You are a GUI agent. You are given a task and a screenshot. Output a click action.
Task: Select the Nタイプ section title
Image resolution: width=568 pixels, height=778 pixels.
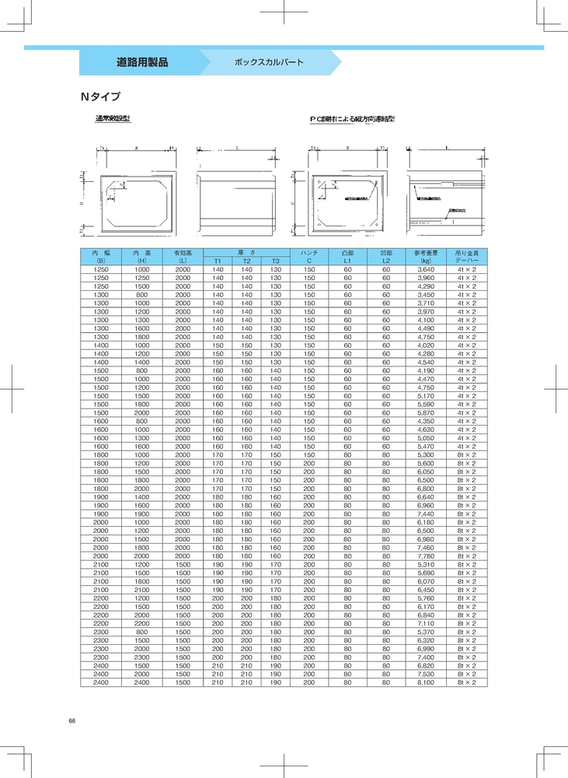(x=100, y=98)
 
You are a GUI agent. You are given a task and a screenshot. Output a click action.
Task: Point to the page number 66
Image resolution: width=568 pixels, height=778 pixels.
(x=71, y=721)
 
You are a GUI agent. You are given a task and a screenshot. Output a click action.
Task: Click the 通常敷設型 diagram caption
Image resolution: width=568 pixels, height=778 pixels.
(x=113, y=119)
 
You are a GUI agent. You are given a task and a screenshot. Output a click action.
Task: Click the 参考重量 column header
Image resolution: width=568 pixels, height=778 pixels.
(x=426, y=253)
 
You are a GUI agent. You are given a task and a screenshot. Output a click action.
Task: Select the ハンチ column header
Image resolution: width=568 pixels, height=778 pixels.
(x=309, y=253)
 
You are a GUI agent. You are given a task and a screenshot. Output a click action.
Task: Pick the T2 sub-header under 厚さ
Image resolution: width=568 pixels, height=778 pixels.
(x=246, y=261)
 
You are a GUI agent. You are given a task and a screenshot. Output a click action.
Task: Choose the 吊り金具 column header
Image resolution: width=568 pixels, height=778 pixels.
(x=467, y=253)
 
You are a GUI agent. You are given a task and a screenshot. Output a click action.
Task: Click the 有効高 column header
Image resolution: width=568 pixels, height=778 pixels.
(x=183, y=253)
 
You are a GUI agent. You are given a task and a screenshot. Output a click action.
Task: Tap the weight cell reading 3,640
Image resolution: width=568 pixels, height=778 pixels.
(x=426, y=269)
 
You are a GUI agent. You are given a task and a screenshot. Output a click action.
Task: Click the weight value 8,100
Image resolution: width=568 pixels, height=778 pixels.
(x=426, y=682)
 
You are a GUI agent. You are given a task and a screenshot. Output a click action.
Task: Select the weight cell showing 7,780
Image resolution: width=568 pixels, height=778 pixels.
(x=426, y=555)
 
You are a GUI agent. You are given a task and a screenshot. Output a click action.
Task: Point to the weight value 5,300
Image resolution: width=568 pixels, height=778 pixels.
(x=426, y=454)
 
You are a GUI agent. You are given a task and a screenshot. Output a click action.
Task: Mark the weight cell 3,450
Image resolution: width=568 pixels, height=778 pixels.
(x=426, y=295)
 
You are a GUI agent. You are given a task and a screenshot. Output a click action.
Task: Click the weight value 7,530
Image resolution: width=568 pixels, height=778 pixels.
(x=426, y=674)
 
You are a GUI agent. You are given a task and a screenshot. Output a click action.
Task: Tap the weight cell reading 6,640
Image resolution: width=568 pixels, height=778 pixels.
(x=426, y=496)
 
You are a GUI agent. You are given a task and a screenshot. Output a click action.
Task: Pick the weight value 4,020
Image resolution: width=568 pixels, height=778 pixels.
(x=426, y=345)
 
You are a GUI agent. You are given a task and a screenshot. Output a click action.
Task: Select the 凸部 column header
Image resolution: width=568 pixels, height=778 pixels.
(x=347, y=253)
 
